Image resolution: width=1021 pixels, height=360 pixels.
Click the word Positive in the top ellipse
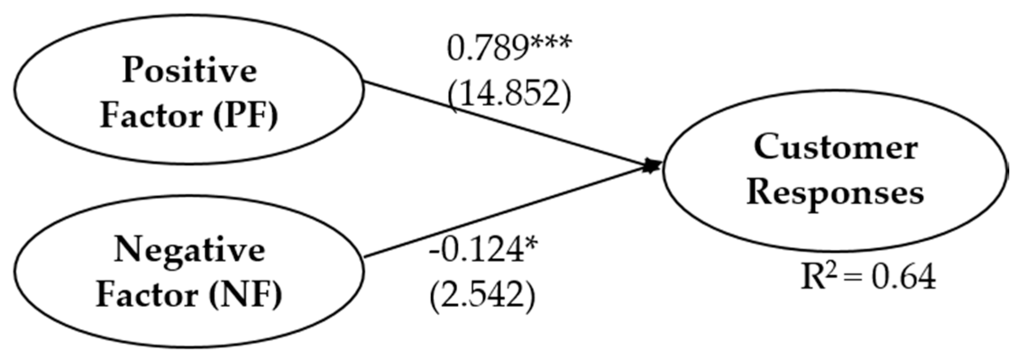click(x=189, y=71)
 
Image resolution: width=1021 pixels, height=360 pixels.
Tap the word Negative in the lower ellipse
click(x=189, y=250)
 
